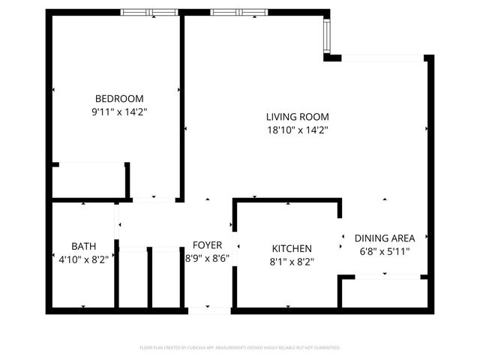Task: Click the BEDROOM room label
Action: (x=118, y=98)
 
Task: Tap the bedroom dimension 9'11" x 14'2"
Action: (x=118, y=112)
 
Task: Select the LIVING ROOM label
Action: (x=297, y=116)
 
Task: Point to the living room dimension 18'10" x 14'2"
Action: (x=297, y=130)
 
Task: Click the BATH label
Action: (x=83, y=246)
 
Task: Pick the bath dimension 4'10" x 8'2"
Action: (x=83, y=259)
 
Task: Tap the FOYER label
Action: (x=207, y=245)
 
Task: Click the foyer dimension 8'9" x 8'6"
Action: (x=207, y=259)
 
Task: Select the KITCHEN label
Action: (x=291, y=248)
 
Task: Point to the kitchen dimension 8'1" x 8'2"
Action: (x=291, y=262)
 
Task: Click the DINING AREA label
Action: (x=384, y=238)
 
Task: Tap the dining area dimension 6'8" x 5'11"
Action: (x=384, y=252)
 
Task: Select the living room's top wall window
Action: (x=238, y=12)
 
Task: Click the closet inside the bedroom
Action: (x=88, y=180)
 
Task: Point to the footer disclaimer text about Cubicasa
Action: (x=240, y=348)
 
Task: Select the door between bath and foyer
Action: (x=118, y=221)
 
